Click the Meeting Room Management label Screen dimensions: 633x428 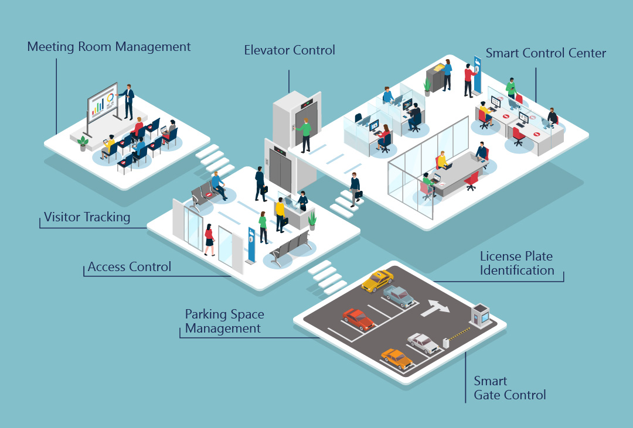(109, 47)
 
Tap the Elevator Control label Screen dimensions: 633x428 (290, 50)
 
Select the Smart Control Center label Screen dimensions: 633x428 (546, 53)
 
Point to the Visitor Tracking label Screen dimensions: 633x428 (87, 217)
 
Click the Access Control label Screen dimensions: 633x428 (130, 266)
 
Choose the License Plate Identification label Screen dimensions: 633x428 (517, 263)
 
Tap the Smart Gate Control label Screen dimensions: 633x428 (510, 388)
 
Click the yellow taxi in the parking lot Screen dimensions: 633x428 (377, 281)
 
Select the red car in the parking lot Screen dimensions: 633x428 (358, 319)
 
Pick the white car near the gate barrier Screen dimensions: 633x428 (423, 343)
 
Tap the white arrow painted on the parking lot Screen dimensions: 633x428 (435, 308)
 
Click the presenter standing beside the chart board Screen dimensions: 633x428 (128, 102)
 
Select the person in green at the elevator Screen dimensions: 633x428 (305, 135)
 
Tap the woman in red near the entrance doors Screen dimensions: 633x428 (209, 239)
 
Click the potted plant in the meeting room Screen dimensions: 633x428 (83, 143)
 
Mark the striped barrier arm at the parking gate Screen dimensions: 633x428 (460, 334)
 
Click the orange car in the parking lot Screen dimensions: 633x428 (397, 358)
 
